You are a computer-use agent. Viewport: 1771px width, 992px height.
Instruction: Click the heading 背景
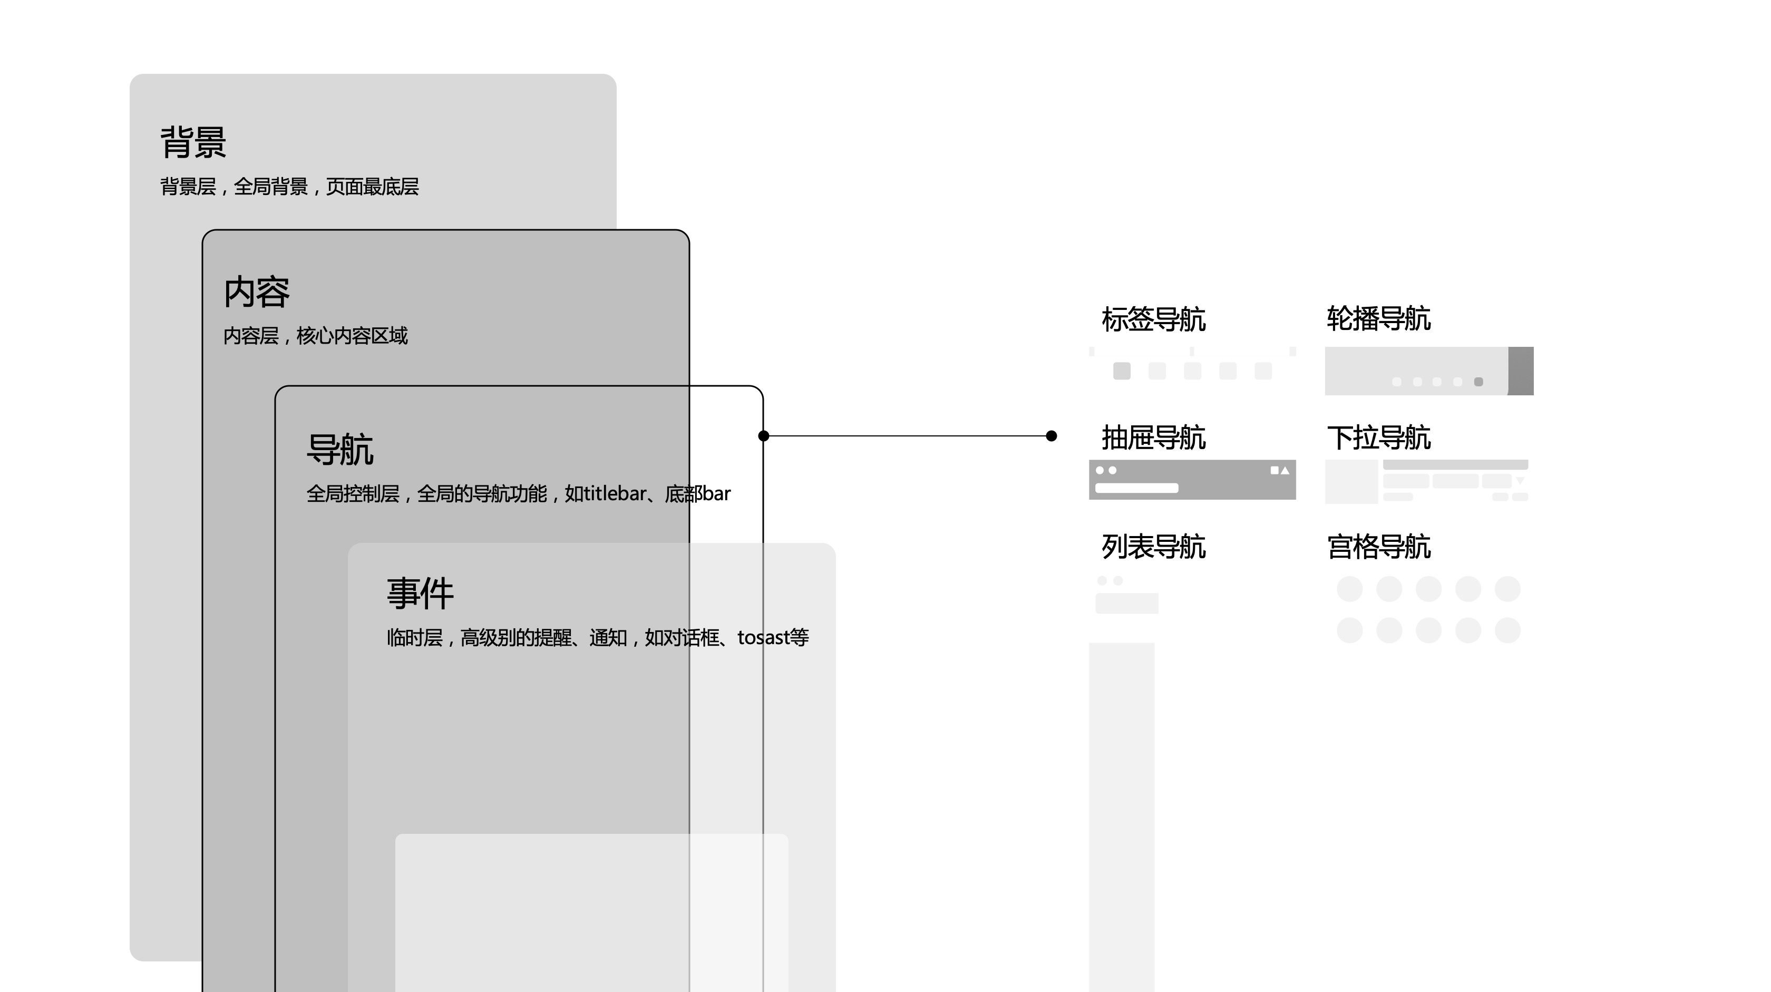193,142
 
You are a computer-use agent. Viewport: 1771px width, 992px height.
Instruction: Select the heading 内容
257,292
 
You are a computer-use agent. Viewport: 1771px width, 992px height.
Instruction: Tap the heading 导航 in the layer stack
339,450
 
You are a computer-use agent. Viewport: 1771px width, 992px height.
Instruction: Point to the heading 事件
420,594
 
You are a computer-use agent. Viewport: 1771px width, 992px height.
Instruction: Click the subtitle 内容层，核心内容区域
316,335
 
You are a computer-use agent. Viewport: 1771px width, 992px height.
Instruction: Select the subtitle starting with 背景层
289,186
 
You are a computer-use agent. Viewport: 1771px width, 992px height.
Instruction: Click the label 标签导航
1154,319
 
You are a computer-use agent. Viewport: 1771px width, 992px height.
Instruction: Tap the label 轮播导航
1378,319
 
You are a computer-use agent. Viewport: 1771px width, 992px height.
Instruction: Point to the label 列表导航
1154,547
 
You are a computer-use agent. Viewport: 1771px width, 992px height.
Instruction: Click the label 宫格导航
1378,547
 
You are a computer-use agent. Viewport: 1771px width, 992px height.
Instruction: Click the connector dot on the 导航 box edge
763,436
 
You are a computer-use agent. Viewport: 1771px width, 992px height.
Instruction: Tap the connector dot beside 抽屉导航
1051,436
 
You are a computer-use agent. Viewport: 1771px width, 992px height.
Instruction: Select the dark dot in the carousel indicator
1479,382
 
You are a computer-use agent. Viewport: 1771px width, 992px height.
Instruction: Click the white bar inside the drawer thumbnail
1136,488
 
